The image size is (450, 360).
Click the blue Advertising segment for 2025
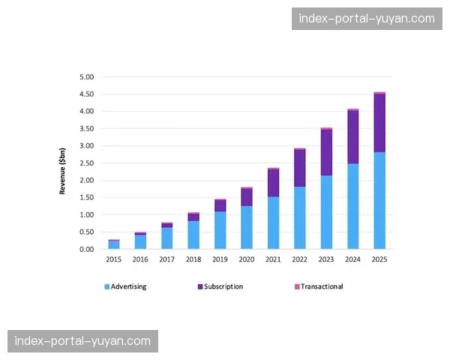[379, 200]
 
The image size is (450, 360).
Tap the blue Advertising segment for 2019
[220, 229]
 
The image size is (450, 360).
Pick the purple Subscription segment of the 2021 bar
[273, 183]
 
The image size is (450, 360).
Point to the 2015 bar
[114, 244]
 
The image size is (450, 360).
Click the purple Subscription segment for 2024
[352, 136]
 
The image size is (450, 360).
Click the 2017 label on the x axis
[166, 259]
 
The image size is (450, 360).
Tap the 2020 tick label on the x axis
[246, 259]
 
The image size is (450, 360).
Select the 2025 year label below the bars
[379, 259]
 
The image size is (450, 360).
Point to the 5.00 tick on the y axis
[87, 76]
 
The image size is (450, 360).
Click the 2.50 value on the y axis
[87, 163]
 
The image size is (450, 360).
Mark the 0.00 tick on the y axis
[87, 249]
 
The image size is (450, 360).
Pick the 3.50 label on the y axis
[87, 128]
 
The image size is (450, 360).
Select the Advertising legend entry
[125, 286]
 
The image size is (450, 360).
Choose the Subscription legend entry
[220, 286]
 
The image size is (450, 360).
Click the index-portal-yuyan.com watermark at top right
[366, 19]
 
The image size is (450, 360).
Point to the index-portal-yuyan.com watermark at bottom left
[82, 341]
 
